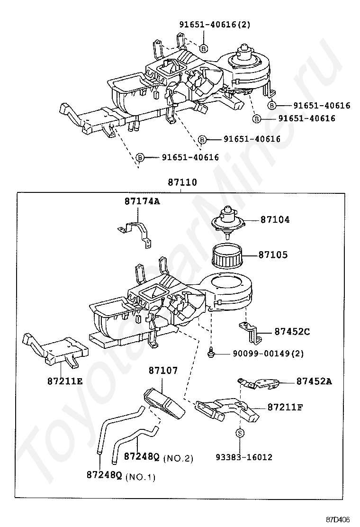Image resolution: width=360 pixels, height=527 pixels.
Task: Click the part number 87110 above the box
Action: (x=182, y=182)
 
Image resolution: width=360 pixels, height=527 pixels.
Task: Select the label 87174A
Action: (x=142, y=201)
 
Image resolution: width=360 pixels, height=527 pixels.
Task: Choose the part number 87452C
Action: (x=292, y=332)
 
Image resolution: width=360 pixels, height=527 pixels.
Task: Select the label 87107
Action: (x=163, y=370)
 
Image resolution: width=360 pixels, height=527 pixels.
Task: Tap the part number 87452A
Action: (x=314, y=381)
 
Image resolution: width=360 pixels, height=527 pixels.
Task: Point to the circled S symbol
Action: (x=240, y=433)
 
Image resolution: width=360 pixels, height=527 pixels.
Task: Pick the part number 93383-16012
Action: (x=244, y=457)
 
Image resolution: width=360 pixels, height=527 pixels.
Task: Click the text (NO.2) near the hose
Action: (x=178, y=458)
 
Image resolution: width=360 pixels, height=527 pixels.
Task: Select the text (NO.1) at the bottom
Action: (x=141, y=477)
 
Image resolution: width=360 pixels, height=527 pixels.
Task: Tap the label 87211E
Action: (x=64, y=380)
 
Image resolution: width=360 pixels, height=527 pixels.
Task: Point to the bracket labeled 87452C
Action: (x=250, y=330)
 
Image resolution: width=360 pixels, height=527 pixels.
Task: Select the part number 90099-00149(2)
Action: (x=268, y=353)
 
